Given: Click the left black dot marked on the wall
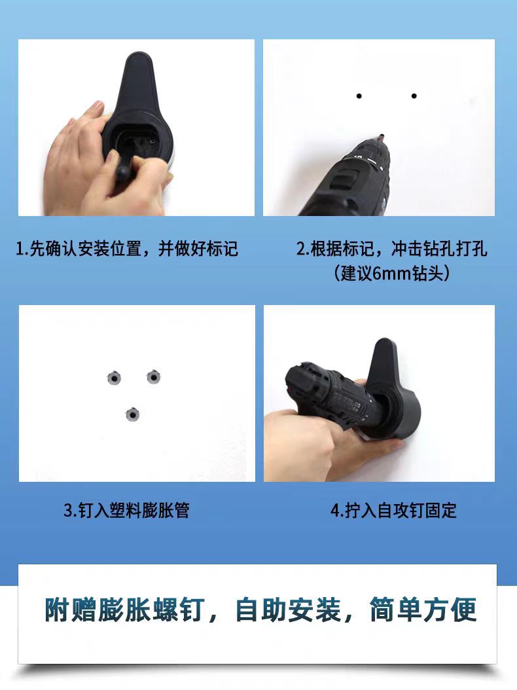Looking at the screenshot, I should [359, 96].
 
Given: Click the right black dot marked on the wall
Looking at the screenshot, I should [414, 96].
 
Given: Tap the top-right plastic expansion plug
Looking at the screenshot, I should [154, 376].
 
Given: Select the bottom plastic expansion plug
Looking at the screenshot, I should [133, 414].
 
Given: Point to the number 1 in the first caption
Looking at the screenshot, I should [20, 249].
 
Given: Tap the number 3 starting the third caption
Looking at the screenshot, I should [68, 511].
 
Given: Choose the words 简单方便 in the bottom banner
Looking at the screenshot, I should [422, 609].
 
